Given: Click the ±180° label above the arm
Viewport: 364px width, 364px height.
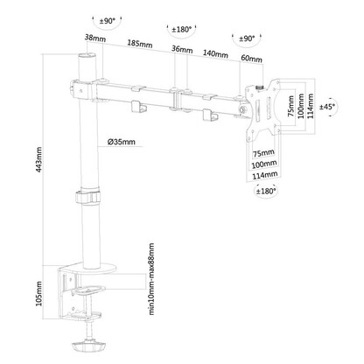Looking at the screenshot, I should [x=182, y=27].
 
